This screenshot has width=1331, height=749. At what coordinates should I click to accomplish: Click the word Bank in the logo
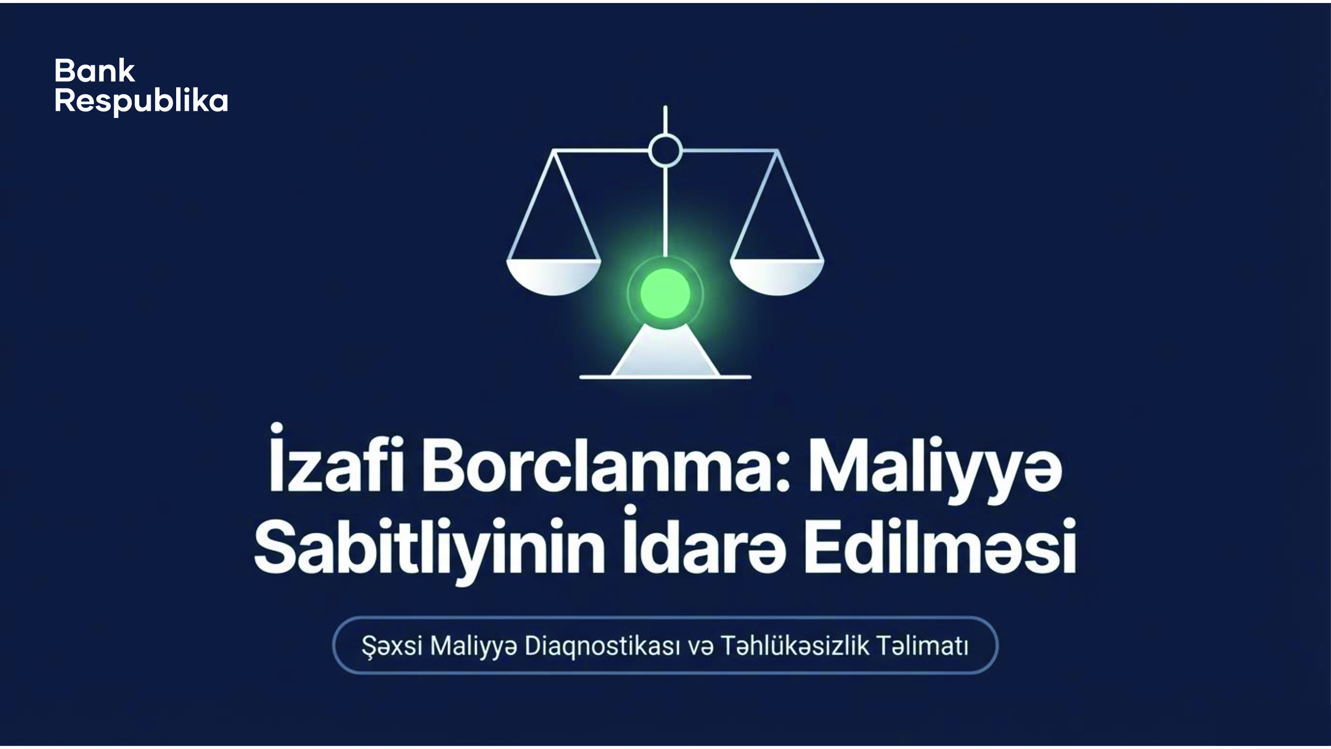(x=94, y=71)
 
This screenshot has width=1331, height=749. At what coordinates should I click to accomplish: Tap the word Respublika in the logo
(x=141, y=102)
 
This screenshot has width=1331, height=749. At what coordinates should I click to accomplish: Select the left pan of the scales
(x=553, y=277)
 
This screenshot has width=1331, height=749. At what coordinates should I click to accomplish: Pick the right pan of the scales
(x=777, y=277)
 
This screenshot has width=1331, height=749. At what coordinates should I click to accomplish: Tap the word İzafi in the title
(x=336, y=459)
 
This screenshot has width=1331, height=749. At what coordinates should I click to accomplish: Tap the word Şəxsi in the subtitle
(x=392, y=647)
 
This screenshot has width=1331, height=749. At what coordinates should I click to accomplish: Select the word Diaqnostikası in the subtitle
(x=602, y=647)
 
